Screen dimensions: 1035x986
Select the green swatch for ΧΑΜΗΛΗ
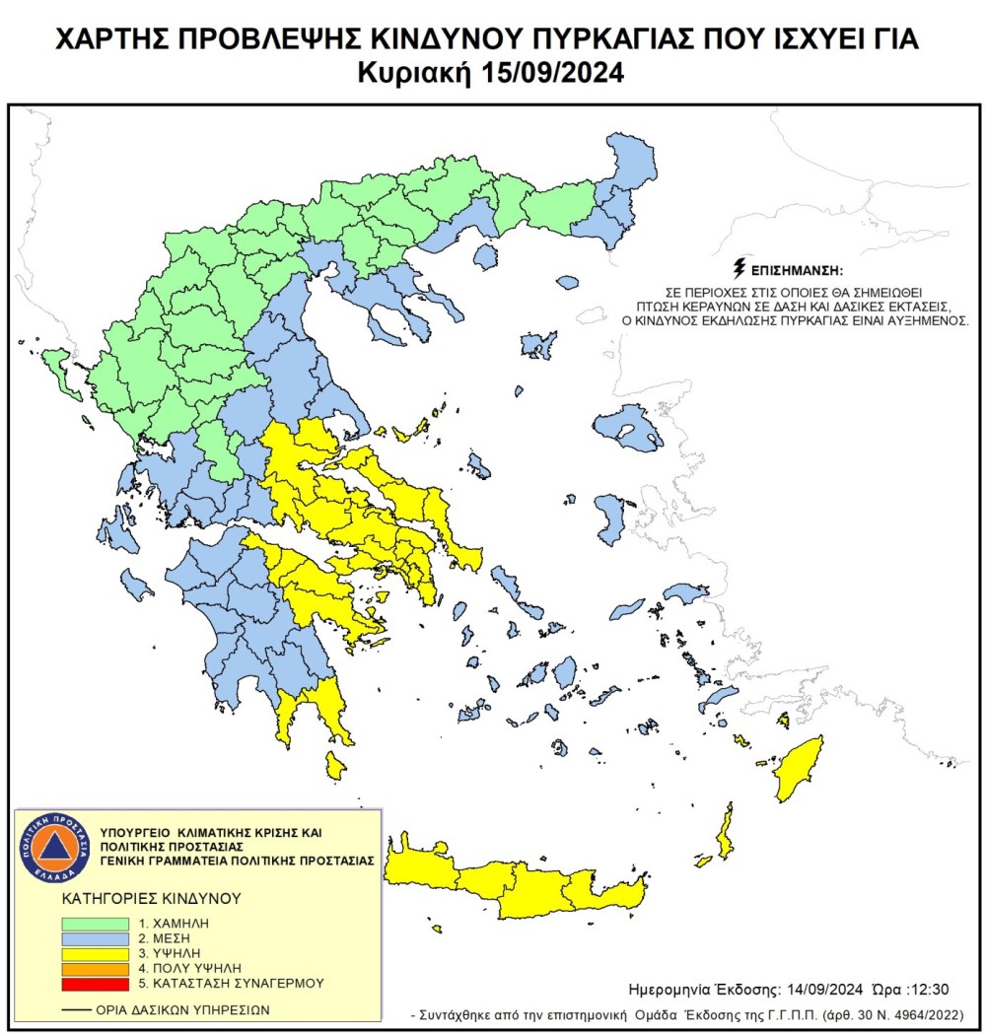tap(95, 924)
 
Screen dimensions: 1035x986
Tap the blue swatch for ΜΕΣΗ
tap(95, 939)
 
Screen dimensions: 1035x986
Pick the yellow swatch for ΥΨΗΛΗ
tap(95, 954)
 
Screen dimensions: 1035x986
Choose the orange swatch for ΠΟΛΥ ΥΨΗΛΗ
tap(95, 969)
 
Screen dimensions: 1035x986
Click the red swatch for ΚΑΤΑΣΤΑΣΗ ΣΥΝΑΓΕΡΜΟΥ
tap(95, 984)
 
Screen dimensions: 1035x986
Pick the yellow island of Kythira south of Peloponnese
tap(335, 765)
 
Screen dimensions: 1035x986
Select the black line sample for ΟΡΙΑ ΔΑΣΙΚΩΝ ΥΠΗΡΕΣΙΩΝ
tap(75, 1010)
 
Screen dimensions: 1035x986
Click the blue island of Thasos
tap(485, 256)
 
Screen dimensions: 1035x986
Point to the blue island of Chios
tap(610, 519)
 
